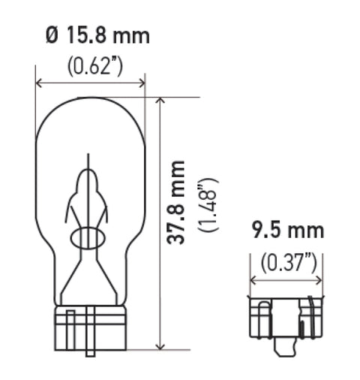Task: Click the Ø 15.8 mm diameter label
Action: tap(97, 35)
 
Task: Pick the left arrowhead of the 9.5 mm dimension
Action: tap(252, 282)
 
